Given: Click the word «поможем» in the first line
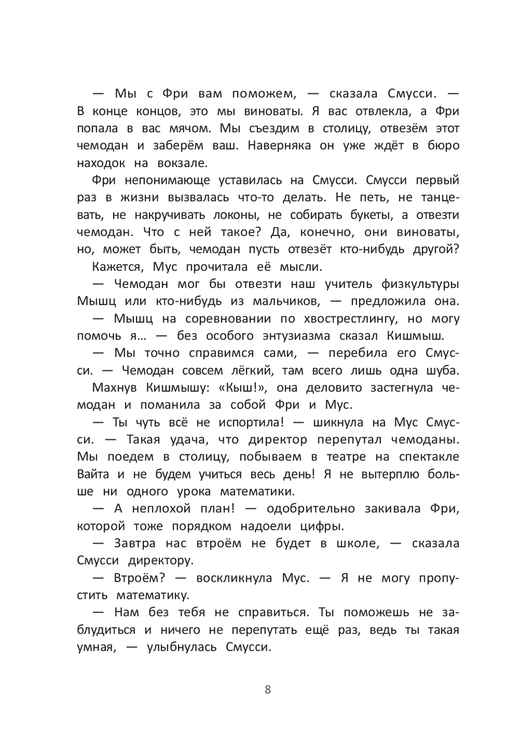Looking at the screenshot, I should tap(264, 94).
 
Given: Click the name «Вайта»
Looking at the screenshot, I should tap(93, 474).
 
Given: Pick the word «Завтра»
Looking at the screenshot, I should tap(134, 543).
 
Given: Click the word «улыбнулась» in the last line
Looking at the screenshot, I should tap(181, 647).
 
